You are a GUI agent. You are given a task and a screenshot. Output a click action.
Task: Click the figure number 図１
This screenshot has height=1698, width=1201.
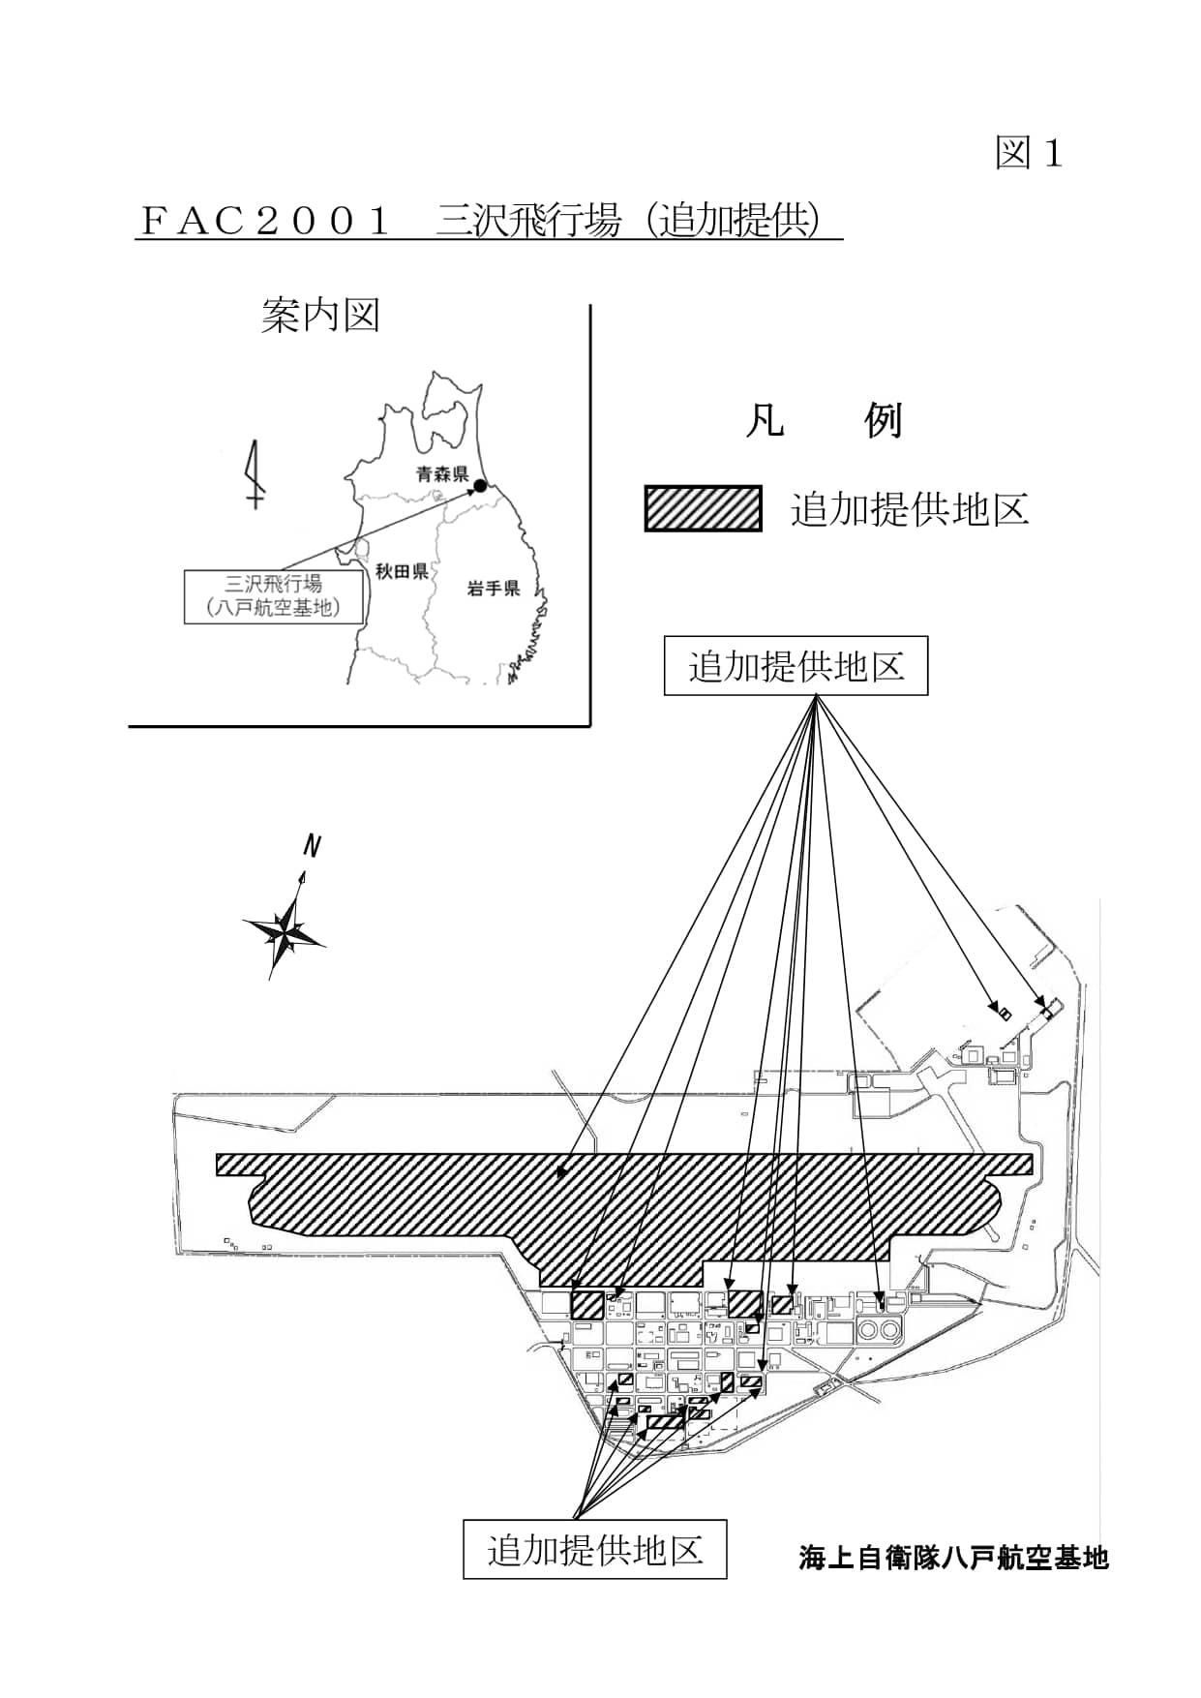tap(1029, 154)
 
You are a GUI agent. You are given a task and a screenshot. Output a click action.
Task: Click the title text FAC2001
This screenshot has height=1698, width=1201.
tap(265, 222)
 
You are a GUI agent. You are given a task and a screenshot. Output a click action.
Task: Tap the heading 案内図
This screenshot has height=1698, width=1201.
tap(320, 316)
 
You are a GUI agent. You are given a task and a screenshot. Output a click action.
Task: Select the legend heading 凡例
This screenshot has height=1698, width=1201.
tap(824, 421)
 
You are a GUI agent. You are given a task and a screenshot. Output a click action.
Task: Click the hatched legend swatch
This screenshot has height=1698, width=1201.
tap(703, 508)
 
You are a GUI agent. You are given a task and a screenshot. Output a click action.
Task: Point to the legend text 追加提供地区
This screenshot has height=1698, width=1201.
tap(909, 509)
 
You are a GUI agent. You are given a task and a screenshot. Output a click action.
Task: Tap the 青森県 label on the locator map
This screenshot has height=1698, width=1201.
tap(441, 474)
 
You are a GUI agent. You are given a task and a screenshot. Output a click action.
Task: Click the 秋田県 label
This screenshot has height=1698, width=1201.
tap(402, 571)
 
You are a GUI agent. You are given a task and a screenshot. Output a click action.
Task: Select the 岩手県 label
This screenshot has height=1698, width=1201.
tap(493, 588)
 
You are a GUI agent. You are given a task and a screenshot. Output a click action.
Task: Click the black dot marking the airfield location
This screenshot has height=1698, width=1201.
tap(480, 486)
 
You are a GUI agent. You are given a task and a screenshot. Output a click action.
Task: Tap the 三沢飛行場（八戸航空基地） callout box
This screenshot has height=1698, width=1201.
tap(274, 596)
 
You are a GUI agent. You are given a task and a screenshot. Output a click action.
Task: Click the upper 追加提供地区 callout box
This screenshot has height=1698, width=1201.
tap(796, 666)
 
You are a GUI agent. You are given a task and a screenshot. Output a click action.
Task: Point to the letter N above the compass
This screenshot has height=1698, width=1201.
tap(311, 846)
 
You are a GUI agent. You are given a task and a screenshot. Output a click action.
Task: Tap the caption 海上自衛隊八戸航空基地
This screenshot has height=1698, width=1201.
tap(952, 1558)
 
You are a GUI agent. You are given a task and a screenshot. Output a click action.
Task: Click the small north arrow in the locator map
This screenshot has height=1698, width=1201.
tap(255, 474)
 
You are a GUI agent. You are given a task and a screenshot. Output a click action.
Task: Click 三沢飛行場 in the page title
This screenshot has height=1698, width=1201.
tap(527, 222)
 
